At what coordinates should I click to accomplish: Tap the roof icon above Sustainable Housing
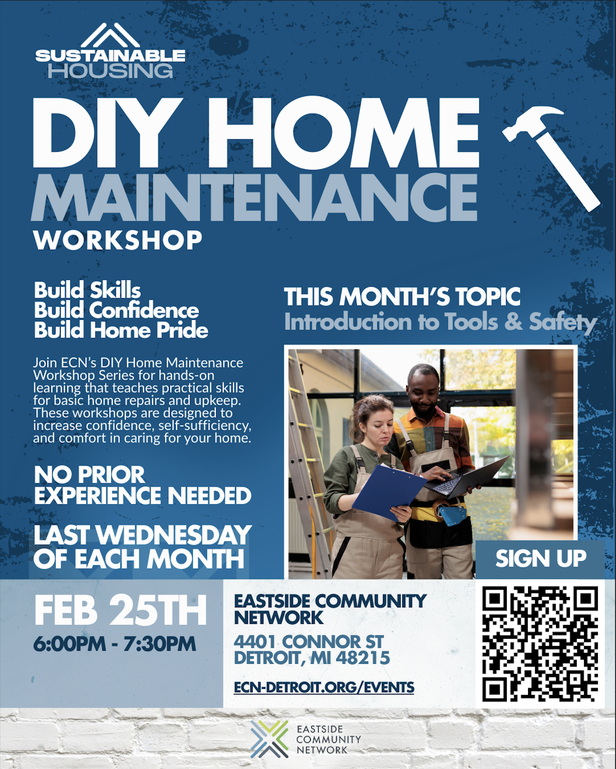point(110,36)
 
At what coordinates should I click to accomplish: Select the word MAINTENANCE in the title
point(254,197)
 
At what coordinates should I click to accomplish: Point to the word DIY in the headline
point(105,133)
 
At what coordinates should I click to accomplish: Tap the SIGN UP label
point(541,558)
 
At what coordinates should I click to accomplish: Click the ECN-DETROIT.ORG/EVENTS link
point(324,687)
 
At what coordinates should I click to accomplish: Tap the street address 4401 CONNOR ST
point(308,642)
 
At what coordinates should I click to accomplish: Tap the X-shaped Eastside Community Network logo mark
point(269,739)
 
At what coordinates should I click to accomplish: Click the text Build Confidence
point(116,310)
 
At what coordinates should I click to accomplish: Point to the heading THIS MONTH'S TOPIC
point(402,297)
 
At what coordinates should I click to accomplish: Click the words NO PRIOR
point(90,475)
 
